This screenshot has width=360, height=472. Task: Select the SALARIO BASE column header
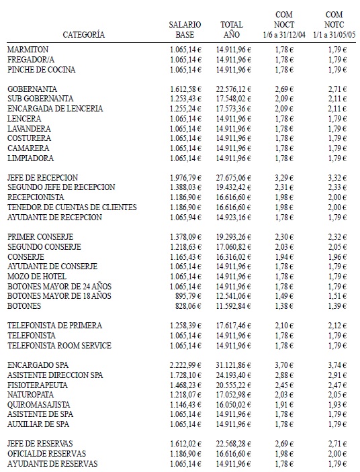point(184,29)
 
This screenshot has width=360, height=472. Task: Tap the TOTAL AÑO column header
point(231,29)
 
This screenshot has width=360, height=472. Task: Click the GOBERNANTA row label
point(32,89)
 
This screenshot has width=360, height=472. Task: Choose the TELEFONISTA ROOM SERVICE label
point(59,346)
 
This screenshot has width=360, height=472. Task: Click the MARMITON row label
point(28,50)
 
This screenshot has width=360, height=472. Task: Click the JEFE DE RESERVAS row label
point(40,444)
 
